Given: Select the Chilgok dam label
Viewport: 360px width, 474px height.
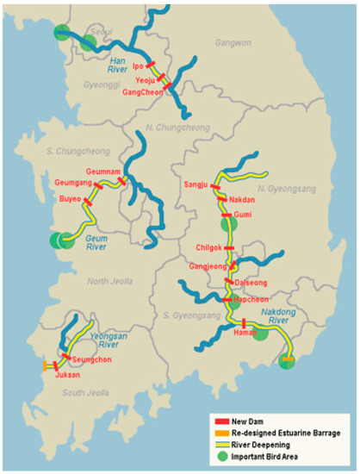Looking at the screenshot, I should pyautogui.click(x=211, y=248).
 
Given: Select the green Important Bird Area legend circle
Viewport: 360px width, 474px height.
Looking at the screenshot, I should pyautogui.click(x=220, y=456).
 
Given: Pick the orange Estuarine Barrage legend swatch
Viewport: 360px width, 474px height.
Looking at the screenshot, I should pyautogui.click(x=220, y=433).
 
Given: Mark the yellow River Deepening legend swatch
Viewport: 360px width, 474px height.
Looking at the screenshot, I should pyautogui.click(x=220, y=445).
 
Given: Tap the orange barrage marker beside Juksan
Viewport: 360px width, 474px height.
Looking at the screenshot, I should pyautogui.click(x=45, y=366).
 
